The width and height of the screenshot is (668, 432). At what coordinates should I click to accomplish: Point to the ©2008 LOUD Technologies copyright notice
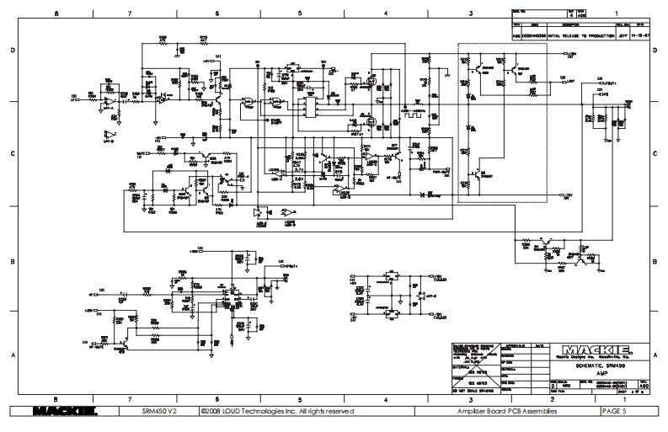pyautogui.click(x=272, y=411)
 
